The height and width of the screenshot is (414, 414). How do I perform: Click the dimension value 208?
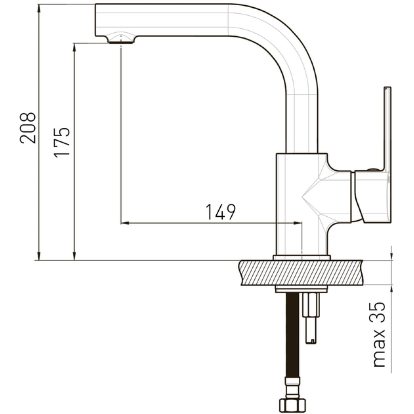27,128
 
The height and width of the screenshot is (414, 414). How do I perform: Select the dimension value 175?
62,143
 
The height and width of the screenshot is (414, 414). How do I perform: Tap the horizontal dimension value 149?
220,212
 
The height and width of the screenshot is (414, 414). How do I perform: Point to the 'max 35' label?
378,334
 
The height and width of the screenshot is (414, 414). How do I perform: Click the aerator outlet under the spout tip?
121,42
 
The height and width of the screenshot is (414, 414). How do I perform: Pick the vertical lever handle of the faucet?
387,129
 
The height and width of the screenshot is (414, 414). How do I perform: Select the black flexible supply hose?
292,335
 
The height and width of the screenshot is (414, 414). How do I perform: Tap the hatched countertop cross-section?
301,273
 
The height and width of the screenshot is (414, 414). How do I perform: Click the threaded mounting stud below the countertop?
311,318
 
